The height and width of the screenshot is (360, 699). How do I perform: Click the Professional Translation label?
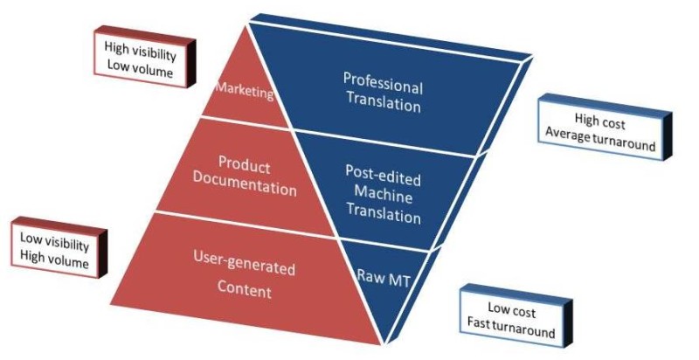pyautogui.click(x=383, y=96)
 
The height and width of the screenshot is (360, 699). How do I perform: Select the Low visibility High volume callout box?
pyautogui.click(x=54, y=252)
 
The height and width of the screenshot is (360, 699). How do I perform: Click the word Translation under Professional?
pyautogui.click(x=383, y=106)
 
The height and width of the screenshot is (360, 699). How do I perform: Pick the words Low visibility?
pyautogui.click(x=54, y=242)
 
